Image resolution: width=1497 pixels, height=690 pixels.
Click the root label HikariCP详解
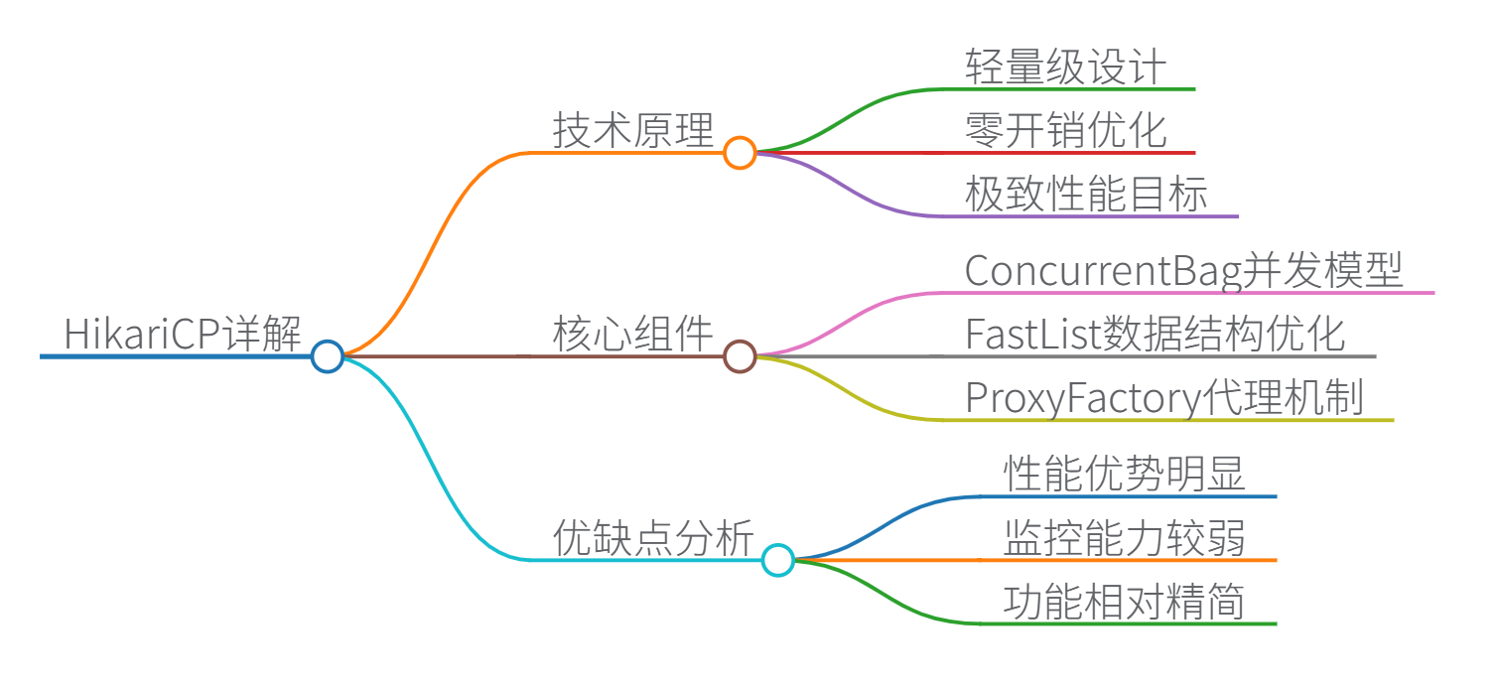pyautogui.click(x=183, y=334)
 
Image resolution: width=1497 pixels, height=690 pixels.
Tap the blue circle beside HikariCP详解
pyautogui.click(x=327, y=355)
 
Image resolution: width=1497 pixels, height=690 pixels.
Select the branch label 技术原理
pyautogui.click(x=632, y=131)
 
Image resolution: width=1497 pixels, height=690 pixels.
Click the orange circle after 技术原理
pyautogui.click(x=739, y=153)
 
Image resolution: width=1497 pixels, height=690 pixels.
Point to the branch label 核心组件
pyautogui.click(x=632, y=334)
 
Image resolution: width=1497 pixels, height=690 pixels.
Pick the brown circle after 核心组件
pyautogui.click(x=739, y=355)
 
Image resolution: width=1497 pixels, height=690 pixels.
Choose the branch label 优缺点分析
pyautogui.click(x=652, y=538)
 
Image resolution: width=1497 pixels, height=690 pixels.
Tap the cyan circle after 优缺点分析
pyautogui.click(x=778, y=560)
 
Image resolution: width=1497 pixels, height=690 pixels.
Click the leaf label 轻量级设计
pyautogui.click(x=1065, y=68)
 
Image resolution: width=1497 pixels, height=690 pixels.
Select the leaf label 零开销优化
pyautogui.click(x=1065, y=131)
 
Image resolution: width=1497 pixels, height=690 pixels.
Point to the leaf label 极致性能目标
pyautogui.click(x=1086, y=195)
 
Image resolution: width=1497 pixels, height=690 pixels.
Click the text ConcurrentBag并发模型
pyautogui.click(x=1183, y=271)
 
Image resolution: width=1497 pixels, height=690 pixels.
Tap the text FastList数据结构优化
pyautogui.click(x=1155, y=335)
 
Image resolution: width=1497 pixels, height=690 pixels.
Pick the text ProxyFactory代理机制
pyautogui.click(x=1163, y=398)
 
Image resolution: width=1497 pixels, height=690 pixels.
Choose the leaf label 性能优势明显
pyautogui.click(x=1124, y=475)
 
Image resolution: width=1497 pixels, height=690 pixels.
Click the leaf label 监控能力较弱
pyautogui.click(x=1124, y=538)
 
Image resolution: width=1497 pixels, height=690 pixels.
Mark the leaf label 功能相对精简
pyautogui.click(x=1124, y=602)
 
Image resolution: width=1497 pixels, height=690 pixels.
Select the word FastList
pyautogui.click(x=1033, y=335)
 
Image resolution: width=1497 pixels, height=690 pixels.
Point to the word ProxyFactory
pyautogui.click(x=1083, y=398)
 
